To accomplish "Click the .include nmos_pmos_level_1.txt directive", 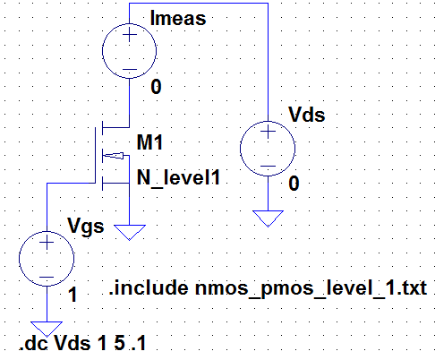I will (x=266, y=288).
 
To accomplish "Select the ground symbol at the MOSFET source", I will (x=131, y=232).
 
